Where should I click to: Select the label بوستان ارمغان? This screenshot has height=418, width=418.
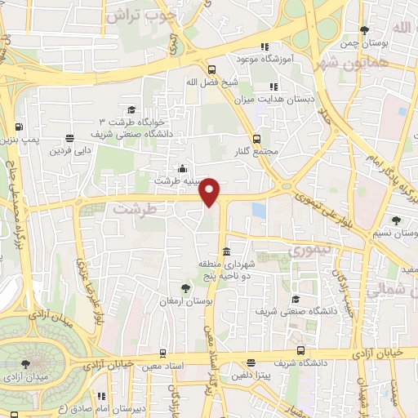click(186, 302)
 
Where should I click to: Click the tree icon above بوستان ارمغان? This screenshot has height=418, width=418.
click(186, 288)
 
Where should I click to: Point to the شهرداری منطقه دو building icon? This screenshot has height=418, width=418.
click(226, 251)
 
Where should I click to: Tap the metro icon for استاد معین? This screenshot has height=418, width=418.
click(164, 354)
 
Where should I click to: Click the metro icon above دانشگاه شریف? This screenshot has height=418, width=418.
click(301, 350)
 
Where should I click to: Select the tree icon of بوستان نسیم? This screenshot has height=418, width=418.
click(396, 220)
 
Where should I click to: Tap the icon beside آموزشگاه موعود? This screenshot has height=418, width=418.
click(262, 47)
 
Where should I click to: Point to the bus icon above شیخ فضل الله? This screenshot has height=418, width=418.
click(211, 69)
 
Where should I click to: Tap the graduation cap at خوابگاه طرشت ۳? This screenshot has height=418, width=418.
click(131, 110)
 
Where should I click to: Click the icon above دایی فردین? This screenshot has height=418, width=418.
click(70, 137)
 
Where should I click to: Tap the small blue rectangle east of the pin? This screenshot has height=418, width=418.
click(259, 210)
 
